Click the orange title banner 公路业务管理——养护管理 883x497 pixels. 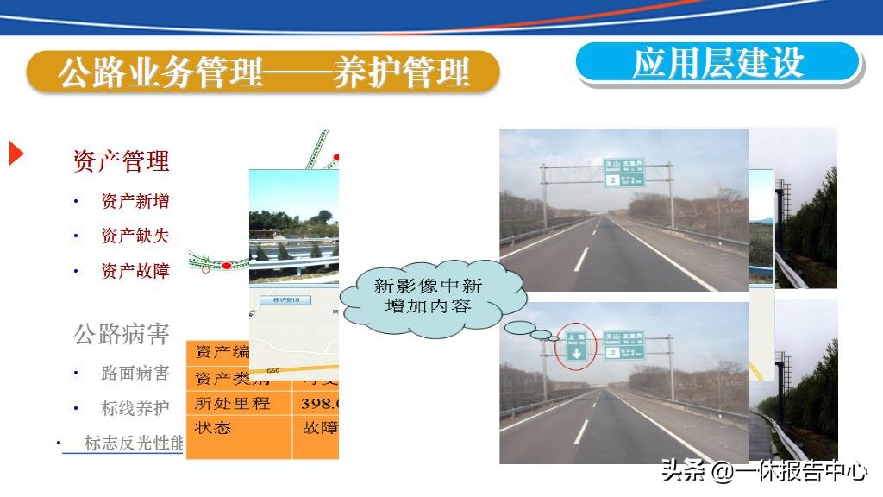[263, 72]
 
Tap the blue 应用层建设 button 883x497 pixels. [718, 63]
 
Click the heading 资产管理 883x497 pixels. [121, 160]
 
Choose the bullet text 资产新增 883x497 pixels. [135, 201]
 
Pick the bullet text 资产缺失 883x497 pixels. [135, 236]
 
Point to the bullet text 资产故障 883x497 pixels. [135, 271]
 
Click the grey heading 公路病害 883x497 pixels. [121, 334]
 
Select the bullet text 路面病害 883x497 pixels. [135, 374]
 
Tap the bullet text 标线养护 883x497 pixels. [135, 408]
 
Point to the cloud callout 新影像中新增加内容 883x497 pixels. [428, 295]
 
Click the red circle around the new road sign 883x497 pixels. [576, 347]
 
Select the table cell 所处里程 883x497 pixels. [232, 403]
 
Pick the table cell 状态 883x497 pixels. [213, 427]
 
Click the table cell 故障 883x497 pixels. [318, 427]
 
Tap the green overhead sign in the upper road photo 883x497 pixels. [623, 173]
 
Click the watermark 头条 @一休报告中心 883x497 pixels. [764, 470]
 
